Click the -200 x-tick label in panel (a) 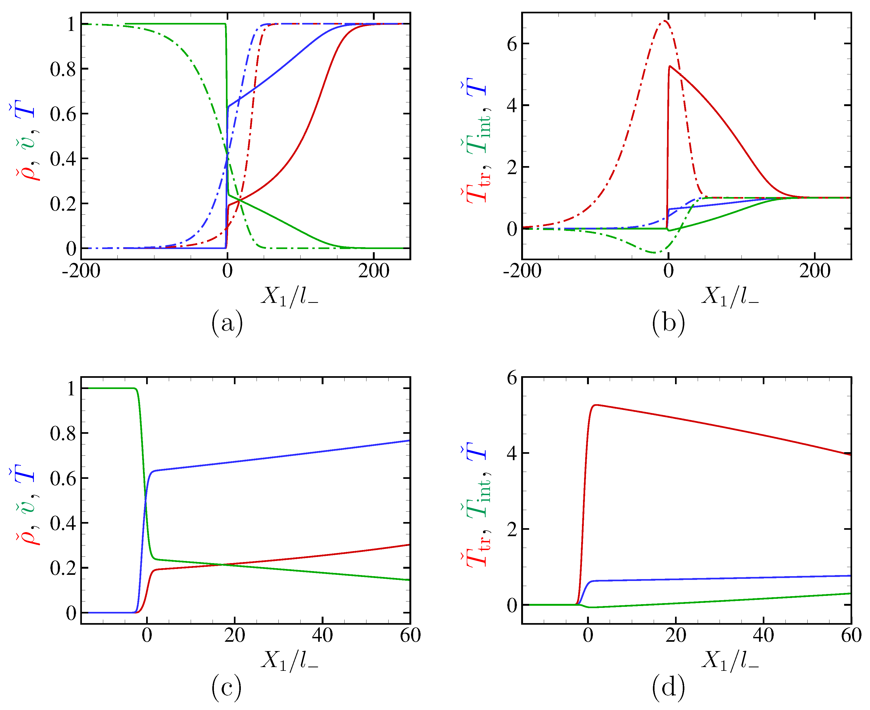coord(81,271)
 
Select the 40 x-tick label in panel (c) coord(322,635)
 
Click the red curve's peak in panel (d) coord(596,405)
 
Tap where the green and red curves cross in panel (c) coord(223,565)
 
